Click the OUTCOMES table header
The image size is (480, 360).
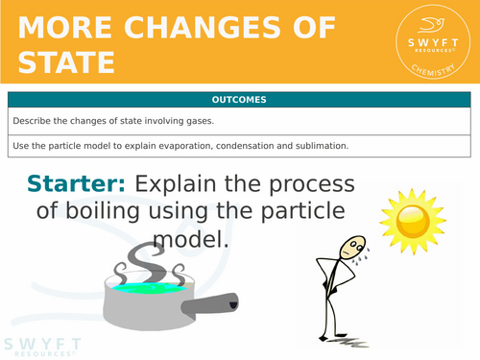(x=240, y=99)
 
